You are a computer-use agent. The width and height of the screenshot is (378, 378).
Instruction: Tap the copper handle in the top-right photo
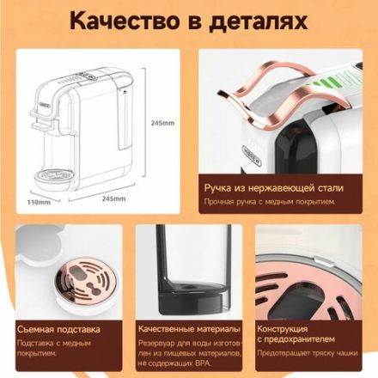[258, 94]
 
